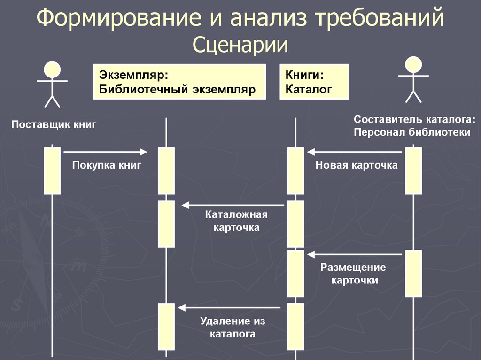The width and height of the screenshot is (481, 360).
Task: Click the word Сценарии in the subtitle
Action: tap(240, 46)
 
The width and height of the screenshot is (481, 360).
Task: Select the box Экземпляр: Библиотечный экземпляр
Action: tap(179, 82)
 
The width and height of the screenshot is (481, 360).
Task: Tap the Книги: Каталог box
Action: tap(314, 82)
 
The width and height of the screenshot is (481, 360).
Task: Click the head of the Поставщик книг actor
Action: tap(52, 69)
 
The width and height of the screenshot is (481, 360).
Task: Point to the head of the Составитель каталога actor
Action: tap(414, 65)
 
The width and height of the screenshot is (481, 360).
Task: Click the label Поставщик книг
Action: tap(54, 125)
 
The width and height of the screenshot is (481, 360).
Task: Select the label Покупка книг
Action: tap(107, 165)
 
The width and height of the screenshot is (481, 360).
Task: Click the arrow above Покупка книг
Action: tap(105, 152)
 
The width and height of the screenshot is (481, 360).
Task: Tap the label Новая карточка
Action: tap(357, 165)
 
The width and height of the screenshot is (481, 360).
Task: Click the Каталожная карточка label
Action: tap(236, 221)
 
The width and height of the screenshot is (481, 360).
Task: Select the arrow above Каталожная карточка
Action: tap(233, 205)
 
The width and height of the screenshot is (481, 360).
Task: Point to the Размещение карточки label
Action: tap(353, 274)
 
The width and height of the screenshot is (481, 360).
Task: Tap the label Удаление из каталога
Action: tap(233, 328)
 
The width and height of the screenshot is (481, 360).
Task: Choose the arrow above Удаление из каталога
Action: tap(230, 308)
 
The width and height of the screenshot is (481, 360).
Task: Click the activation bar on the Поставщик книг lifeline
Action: tap(52, 171)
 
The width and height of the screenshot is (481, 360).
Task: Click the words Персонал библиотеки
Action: tap(412, 132)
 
